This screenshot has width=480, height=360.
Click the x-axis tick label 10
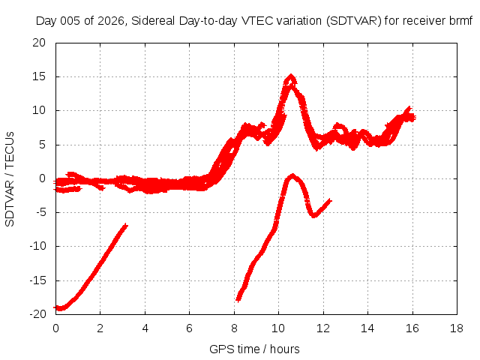coord(278,328)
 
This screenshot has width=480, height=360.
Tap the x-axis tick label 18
coord(457,328)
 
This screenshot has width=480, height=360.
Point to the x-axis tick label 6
coord(189,328)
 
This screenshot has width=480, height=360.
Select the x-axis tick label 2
coord(100,328)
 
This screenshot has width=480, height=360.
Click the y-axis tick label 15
coord(39,76)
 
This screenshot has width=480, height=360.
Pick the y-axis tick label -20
coord(37,314)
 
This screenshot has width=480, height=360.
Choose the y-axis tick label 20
coord(39,43)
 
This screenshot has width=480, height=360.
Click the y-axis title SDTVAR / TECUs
coord(10,179)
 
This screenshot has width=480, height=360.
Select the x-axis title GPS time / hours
coord(254,349)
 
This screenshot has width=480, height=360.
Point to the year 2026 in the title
coord(111,21)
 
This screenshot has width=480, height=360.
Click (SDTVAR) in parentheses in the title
coord(353,21)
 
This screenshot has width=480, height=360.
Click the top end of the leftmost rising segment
coord(126,225)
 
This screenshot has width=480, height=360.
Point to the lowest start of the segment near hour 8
coord(238,300)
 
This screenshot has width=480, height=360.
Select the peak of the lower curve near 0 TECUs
coord(292,175)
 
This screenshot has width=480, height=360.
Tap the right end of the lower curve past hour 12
coord(331,200)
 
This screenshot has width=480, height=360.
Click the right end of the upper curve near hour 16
coord(415,117)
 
